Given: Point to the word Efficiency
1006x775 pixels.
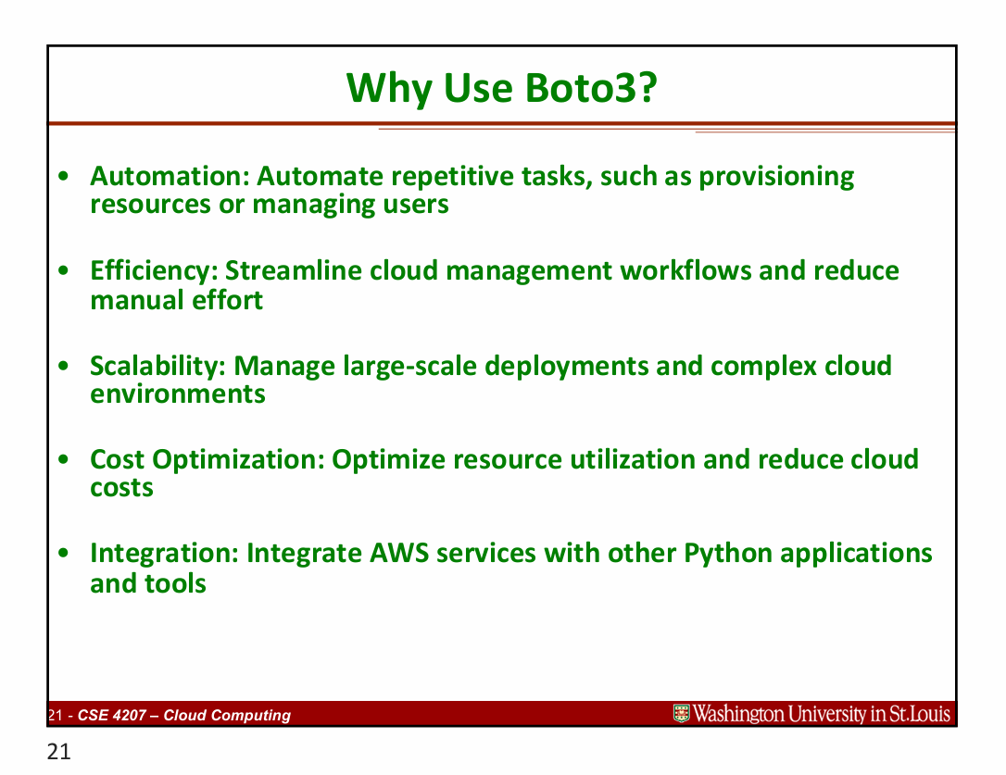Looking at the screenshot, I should coord(153,270).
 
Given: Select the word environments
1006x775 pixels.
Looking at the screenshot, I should coord(177,394).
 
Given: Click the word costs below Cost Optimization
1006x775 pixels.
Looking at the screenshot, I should coord(121,488).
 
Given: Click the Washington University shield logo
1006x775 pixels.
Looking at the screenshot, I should coord(682,714).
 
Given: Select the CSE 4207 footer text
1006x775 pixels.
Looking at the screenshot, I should coord(184,715).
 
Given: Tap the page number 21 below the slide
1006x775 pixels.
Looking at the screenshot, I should coord(58,753).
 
